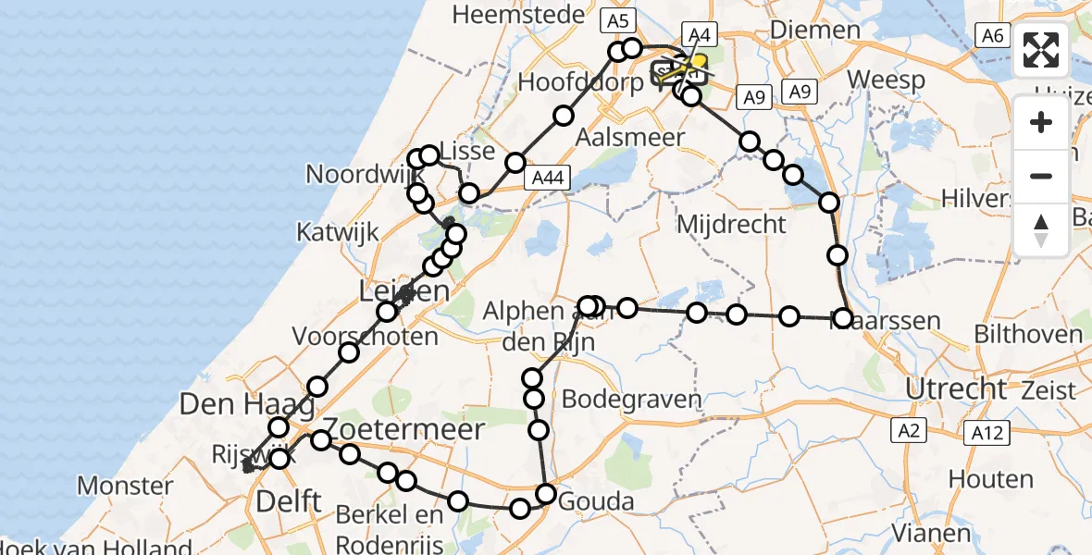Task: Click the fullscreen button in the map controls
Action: point(1042,51)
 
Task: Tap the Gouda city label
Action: point(597,502)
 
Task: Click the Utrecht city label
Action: point(955,388)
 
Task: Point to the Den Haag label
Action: point(234,404)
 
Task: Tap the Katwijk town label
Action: point(337,231)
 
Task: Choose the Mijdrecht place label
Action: point(731,224)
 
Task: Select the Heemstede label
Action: point(518,14)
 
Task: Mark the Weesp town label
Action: point(886,80)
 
